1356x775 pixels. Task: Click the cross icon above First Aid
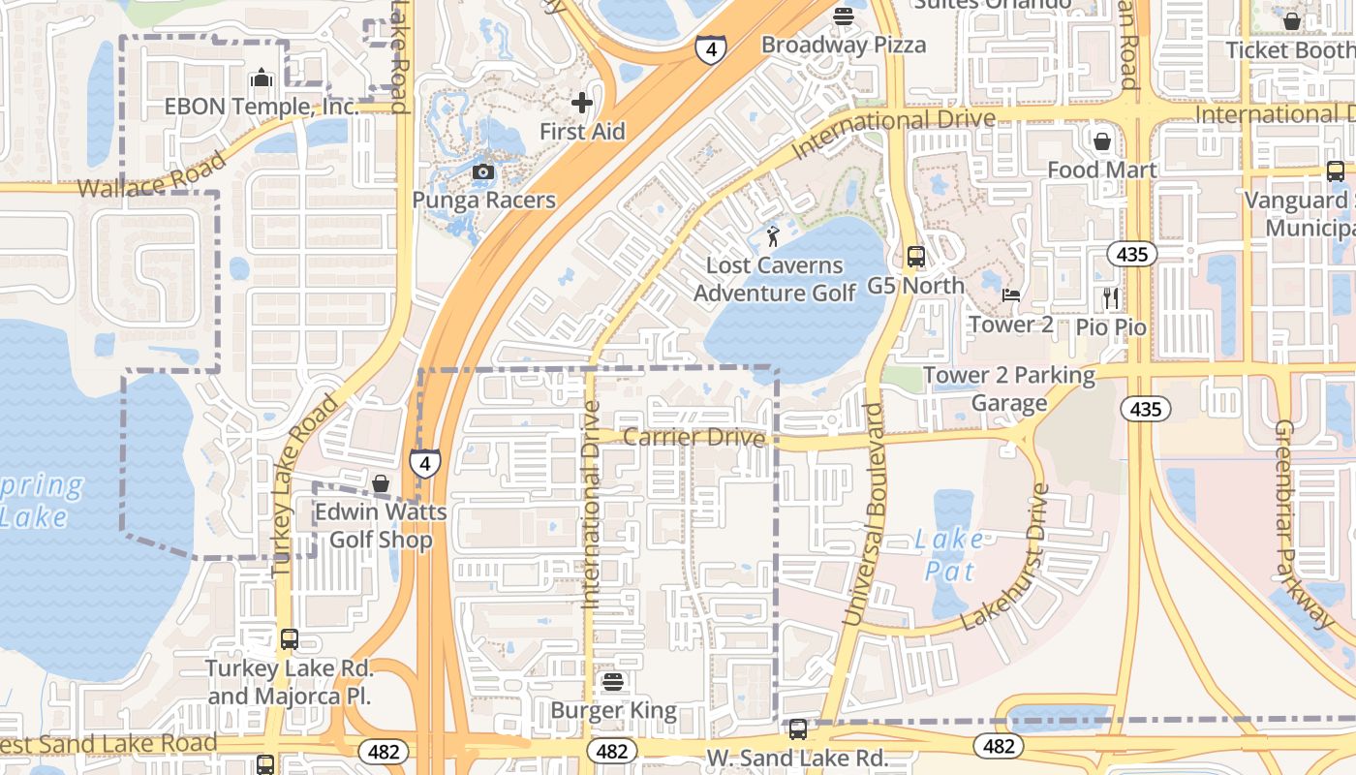click(581, 102)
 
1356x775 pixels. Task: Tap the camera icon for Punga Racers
click(482, 172)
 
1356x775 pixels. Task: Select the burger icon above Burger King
click(612, 682)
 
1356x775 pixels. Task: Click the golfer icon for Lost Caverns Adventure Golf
click(773, 235)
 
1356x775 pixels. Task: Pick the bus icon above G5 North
click(915, 257)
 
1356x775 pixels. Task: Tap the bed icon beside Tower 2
click(1011, 295)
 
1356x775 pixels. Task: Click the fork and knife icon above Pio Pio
click(1111, 297)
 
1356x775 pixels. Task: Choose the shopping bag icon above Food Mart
click(1101, 141)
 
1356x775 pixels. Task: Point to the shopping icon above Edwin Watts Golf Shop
click(381, 482)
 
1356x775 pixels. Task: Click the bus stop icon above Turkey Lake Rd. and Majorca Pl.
click(289, 639)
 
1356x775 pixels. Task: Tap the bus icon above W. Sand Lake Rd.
click(797, 729)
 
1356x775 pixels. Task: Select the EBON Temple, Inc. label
click(262, 107)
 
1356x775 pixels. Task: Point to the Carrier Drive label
click(693, 437)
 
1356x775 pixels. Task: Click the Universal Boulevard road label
click(864, 513)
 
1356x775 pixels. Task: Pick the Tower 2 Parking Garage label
click(1009, 388)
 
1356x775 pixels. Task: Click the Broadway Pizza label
click(843, 45)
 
